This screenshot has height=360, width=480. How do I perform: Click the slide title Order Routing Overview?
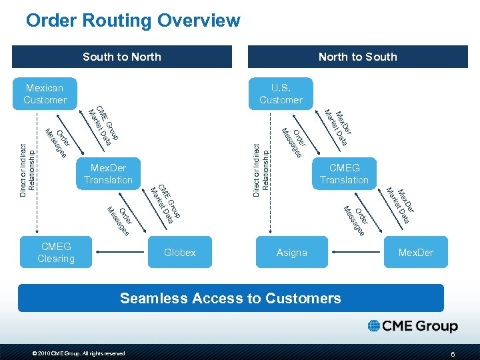(133, 21)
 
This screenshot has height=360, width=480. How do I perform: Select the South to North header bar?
(122, 57)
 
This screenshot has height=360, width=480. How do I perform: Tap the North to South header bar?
(357, 57)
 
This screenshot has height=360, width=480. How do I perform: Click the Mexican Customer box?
(45, 94)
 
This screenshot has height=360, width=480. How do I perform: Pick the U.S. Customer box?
(281, 94)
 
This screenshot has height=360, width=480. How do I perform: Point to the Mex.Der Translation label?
(108, 173)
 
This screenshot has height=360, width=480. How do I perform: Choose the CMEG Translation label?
(344, 173)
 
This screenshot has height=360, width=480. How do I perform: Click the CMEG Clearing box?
(56, 252)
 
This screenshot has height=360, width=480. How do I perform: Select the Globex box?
(180, 252)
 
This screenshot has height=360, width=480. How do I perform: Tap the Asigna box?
(291, 252)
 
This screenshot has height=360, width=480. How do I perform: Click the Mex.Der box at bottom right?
(415, 252)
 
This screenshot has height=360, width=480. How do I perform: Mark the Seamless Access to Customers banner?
(231, 298)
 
